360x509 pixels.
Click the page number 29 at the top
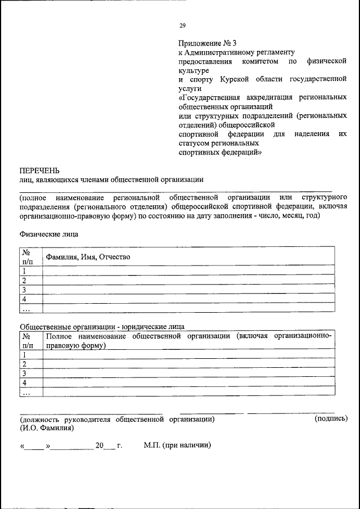point(182,25)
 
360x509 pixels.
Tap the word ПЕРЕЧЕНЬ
point(39,169)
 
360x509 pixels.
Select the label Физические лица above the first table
point(49,233)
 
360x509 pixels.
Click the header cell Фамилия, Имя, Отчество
point(88,256)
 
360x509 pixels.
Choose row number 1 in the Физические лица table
point(25,271)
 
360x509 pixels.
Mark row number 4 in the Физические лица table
point(25,299)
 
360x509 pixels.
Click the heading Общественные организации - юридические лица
point(102,326)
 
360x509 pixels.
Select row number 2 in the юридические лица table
point(25,363)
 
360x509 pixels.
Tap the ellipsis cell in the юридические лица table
point(26,391)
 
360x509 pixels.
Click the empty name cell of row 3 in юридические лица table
point(188,373)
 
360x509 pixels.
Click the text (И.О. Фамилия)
point(47,427)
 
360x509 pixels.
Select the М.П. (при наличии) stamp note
point(177,445)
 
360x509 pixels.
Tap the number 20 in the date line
point(100,445)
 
